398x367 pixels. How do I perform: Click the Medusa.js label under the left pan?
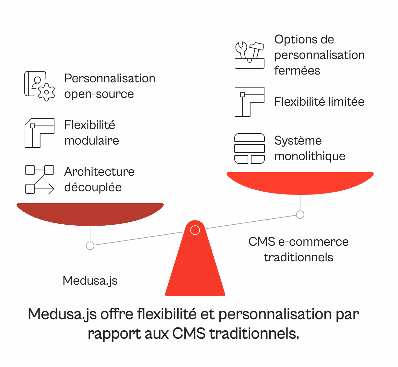[x=90, y=280]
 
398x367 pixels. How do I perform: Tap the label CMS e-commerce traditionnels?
[x=298, y=249]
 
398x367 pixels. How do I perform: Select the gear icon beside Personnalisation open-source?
[x=46, y=92]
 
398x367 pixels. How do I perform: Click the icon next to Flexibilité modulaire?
[x=40, y=133]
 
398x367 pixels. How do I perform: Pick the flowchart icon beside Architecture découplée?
[x=40, y=179]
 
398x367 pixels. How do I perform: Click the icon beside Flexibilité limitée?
[x=249, y=102]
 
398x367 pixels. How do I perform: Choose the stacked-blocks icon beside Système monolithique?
[x=249, y=148]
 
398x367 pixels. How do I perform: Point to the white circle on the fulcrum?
[x=195, y=230]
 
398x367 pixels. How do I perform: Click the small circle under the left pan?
[x=90, y=246]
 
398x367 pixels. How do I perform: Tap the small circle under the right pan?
[x=300, y=215]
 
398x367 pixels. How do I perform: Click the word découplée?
[x=93, y=187]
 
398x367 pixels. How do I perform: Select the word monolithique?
[x=310, y=156]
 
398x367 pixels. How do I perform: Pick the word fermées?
[x=297, y=71]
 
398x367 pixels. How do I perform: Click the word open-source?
[x=99, y=94]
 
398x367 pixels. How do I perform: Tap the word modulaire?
[x=92, y=141]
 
